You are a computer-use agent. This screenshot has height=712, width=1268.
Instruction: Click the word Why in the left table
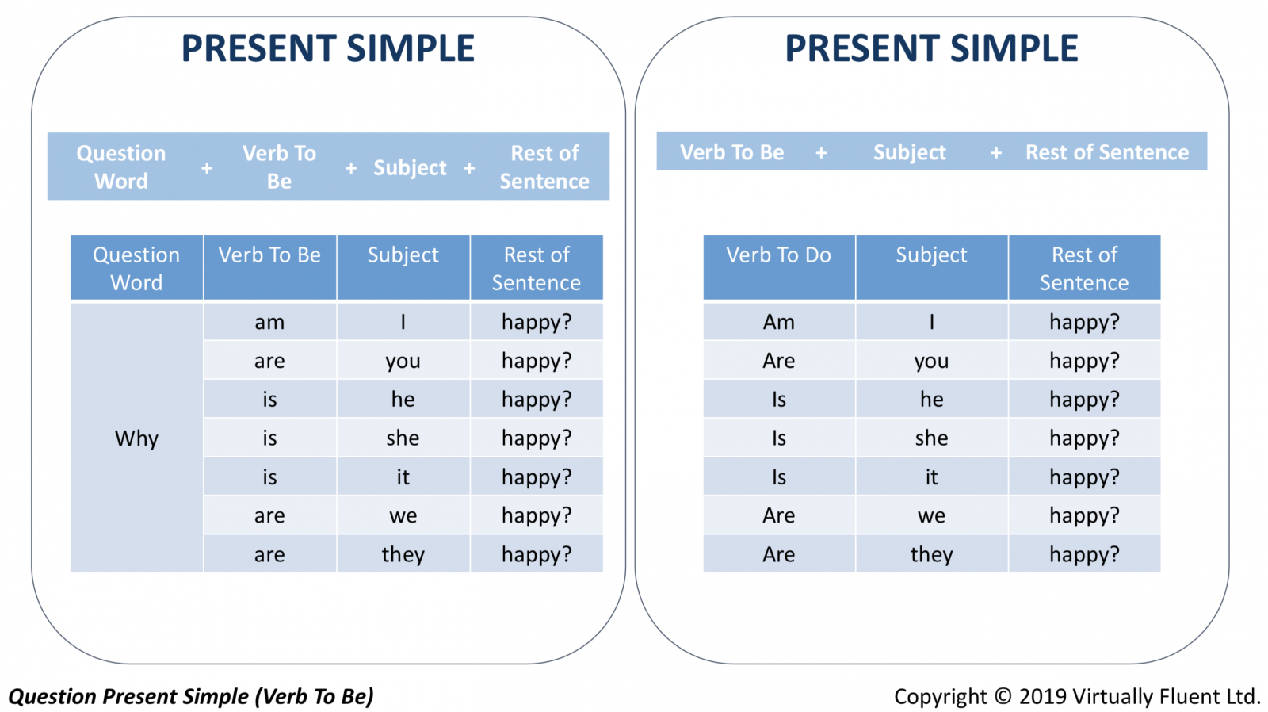click(x=136, y=438)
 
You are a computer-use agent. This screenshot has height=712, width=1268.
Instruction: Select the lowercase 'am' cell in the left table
click(x=269, y=322)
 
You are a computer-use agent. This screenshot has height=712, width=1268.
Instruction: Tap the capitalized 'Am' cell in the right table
click(x=779, y=322)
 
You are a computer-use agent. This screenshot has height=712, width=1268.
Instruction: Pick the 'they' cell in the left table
click(x=403, y=554)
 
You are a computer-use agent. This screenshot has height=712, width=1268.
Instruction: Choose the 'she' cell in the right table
click(x=932, y=438)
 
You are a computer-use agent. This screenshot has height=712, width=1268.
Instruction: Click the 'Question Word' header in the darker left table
click(x=136, y=267)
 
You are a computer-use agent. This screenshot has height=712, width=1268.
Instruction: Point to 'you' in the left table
click(x=403, y=361)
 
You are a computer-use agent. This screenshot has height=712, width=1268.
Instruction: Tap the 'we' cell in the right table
click(x=932, y=515)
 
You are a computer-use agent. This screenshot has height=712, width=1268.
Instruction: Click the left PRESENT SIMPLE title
click(x=328, y=48)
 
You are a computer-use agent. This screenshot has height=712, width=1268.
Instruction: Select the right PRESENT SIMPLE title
click(x=931, y=48)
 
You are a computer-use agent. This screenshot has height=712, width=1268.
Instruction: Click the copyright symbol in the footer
click(x=1003, y=696)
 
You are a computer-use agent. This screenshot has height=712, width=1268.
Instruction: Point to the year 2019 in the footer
click(x=1042, y=696)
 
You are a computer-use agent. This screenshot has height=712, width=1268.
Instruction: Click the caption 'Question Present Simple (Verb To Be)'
click(x=191, y=696)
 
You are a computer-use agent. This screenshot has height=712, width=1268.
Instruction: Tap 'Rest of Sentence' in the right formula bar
click(x=1106, y=151)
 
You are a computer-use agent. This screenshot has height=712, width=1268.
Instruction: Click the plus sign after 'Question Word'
click(x=207, y=168)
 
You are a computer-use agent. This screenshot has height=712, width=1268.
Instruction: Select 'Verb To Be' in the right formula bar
click(x=732, y=151)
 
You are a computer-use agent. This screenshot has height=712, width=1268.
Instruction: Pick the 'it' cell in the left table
click(x=403, y=477)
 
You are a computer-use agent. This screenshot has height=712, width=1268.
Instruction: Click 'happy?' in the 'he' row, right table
click(x=1085, y=400)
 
